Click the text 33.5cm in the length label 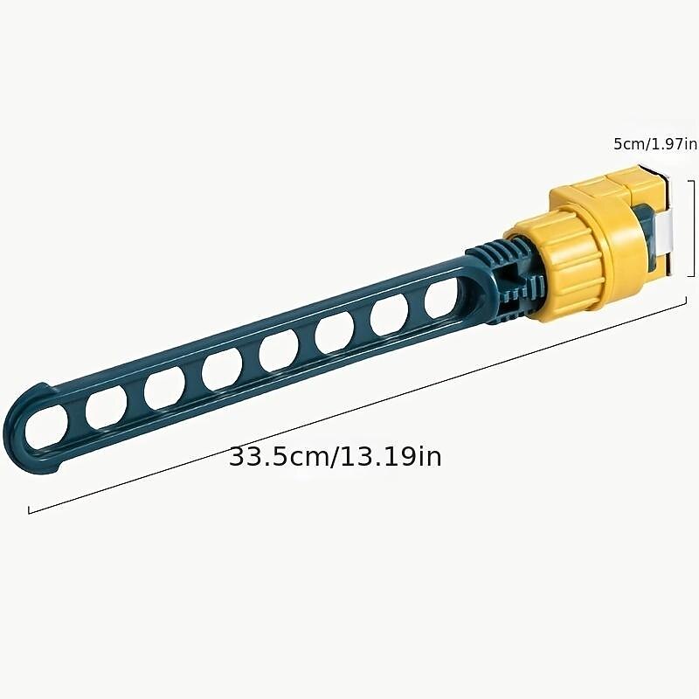point(279,456)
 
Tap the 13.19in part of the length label point(391,456)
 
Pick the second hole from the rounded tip point(106,407)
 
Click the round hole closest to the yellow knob point(441,300)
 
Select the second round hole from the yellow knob point(389,316)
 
